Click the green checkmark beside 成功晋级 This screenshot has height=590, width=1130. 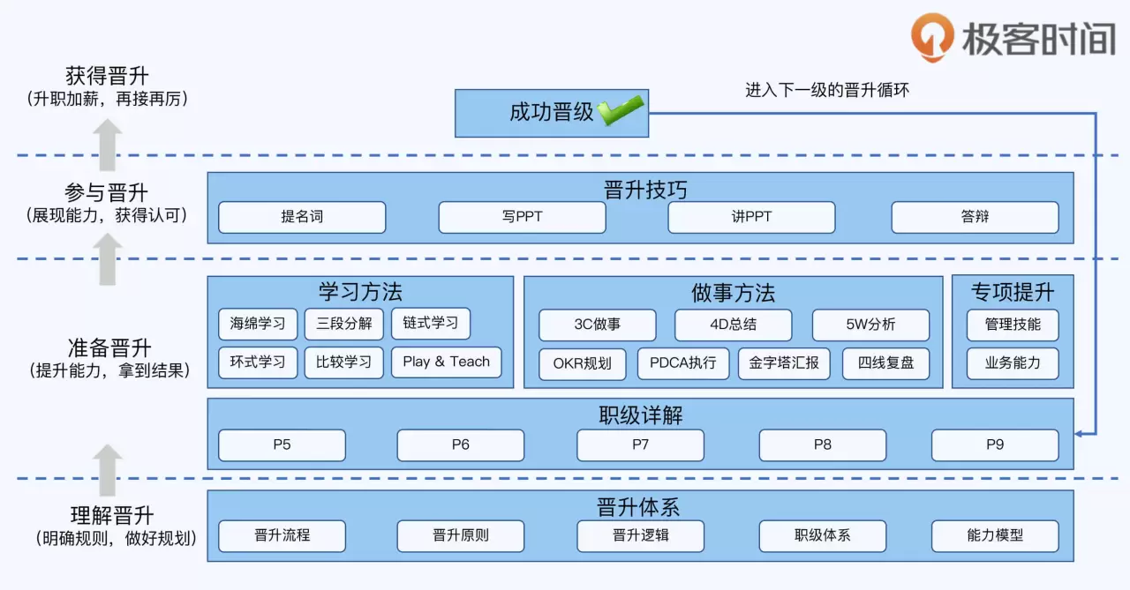coord(621,111)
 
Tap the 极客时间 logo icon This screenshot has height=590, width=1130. coord(932,37)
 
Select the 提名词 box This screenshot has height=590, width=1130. coord(302,217)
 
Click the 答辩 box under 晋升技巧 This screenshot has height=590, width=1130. coord(975,217)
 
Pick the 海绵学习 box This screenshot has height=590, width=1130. coord(258,324)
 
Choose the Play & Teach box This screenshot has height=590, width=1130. coord(446,362)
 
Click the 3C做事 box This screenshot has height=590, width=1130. coord(597,325)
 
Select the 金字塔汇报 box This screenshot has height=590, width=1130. coord(784,363)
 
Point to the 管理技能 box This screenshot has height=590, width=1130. coord(1013,325)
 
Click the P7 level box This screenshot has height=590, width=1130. coord(640,444)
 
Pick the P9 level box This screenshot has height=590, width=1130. coord(995,444)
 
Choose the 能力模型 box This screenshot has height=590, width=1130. coord(995,535)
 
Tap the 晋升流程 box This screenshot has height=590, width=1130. coord(282,535)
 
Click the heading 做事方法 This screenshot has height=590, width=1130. coord(733,293)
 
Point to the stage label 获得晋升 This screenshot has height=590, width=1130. coord(107,76)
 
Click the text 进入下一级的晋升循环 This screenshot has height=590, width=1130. coord(826,90)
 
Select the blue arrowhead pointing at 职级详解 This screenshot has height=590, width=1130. coord(1081,433)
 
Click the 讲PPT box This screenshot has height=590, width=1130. coord(751,217)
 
